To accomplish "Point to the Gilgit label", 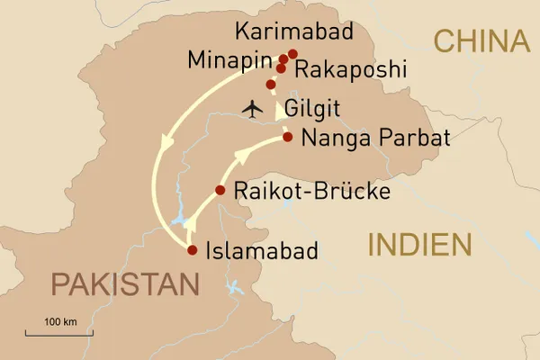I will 311,110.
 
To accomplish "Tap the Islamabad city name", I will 261,251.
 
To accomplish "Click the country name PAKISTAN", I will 124,285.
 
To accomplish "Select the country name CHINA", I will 480,40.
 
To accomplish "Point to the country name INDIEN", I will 420,245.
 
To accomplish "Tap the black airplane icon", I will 253,109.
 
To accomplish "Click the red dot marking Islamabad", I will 191,250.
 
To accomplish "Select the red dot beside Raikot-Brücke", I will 220,190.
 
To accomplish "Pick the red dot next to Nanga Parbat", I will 287,137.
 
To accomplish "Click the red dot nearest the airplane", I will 271,85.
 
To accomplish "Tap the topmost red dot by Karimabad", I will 292,54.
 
